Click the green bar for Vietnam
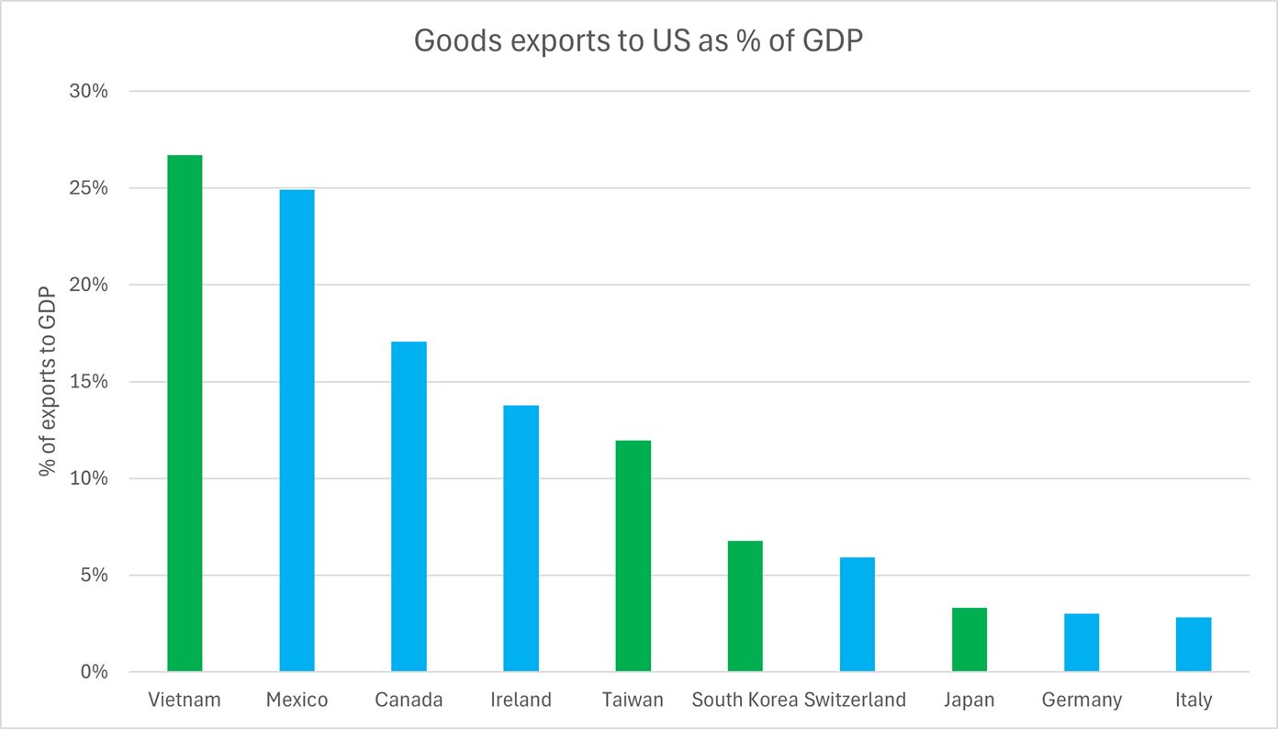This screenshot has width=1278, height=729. point(185,413)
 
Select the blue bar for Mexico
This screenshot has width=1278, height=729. point(297,431)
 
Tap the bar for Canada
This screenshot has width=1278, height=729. point(409,506)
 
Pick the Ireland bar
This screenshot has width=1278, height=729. point(521,538)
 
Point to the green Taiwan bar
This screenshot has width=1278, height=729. point(633,555)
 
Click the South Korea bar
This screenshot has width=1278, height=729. point(745,606)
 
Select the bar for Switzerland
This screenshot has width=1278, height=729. point(857,614)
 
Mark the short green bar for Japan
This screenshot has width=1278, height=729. point(969,640)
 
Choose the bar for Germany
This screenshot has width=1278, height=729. point(1082,643)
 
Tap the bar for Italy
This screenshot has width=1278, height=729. point(1194,645)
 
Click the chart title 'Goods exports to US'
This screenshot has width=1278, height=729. point(639,40)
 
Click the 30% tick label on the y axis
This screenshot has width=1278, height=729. point(90,92)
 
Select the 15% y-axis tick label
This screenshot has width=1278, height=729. point(90,382)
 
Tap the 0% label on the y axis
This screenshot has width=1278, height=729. point(95,672)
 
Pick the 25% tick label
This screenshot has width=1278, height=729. point(90,188)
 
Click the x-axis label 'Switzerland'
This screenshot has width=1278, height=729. point(855,700)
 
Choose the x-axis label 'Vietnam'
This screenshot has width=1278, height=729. point(185,700)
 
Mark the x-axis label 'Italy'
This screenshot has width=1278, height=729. point(1194,700)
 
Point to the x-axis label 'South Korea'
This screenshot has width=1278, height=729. point(745,700)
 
